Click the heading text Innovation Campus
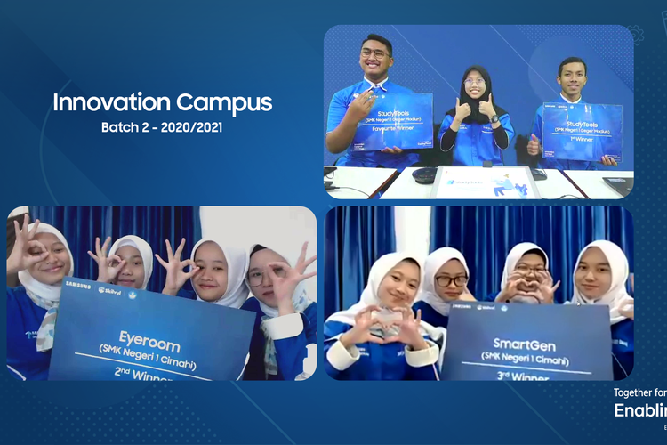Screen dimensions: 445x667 [x=162, y=101]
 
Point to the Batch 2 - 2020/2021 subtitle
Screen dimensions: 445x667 [x=162, y=127]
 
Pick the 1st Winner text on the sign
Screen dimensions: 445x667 [x=583, y=138]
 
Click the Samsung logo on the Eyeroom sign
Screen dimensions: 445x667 [x=77, y=287]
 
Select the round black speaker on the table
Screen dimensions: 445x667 [x=425, y=175]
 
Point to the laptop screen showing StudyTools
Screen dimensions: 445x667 [x=485, y=182]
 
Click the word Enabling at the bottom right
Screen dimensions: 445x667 [x=639, y=410]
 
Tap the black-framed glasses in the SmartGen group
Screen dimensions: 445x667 [x=451, y=280]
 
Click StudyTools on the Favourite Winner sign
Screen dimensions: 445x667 [x=393, y=113]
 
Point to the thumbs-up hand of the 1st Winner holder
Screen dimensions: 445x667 [x=534, y=144]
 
